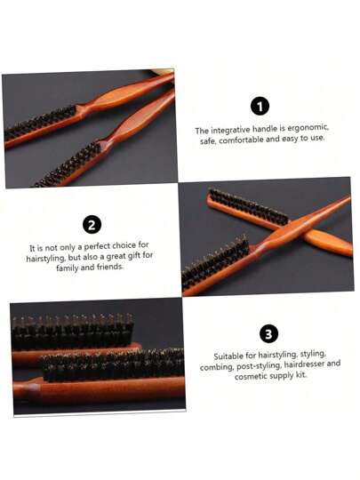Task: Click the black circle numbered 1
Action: pos(260,107)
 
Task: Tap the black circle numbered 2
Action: pos(92,224)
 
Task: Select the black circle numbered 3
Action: pos(268,333)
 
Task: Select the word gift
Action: pos(134,256)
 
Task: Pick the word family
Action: pos(67,268)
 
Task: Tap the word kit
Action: pos(301,375)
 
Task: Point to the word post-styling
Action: pos(259,366)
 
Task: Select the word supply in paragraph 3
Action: pos(283,376)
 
